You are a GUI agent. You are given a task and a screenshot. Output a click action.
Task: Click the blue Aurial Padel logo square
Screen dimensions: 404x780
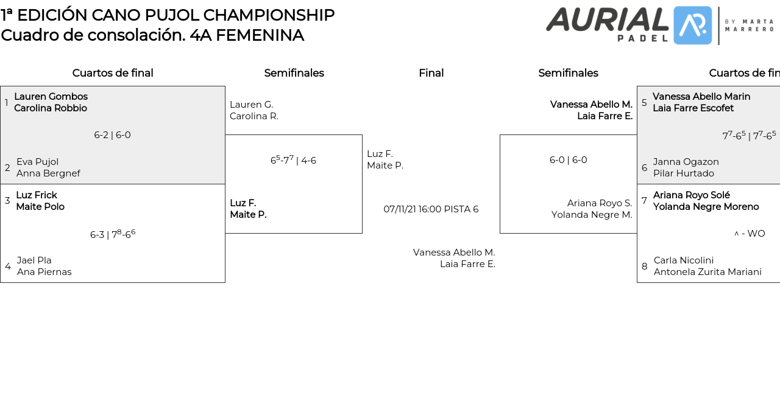click(x=692, y=26)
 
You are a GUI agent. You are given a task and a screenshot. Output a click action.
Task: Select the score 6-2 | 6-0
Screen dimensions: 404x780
click(x=112, y=135)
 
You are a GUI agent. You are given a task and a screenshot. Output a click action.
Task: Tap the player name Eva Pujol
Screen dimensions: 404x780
click(x=37, y=162)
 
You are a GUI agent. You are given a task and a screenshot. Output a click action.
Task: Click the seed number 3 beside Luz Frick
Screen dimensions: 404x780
click(x=7, y=201)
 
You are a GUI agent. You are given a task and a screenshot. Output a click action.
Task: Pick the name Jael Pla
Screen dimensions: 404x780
click(x=34, y=260)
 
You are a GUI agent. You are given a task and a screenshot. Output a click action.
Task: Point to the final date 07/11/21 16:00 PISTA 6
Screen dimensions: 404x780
click(x=431, y=209)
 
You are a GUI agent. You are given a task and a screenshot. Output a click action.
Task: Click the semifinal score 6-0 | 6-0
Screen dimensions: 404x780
click(x=568, y=160)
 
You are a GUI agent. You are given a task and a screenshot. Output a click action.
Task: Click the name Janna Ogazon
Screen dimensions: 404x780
click(x=686, y=162)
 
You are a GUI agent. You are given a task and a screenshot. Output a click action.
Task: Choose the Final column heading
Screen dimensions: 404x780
click(x=431, y=73)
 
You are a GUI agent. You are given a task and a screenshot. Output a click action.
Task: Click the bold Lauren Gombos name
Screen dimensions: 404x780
click(x=51, y=97)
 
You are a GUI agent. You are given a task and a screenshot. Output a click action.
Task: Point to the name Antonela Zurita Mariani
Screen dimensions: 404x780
click(x=707, y=272)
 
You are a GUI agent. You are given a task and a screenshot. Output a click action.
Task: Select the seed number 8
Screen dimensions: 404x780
click(x=644, y=266)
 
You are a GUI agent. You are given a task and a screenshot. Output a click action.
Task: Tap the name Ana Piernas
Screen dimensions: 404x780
click(x=44, y=272)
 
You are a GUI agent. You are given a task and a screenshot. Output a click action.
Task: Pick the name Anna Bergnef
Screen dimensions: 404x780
click(x=48, y=173)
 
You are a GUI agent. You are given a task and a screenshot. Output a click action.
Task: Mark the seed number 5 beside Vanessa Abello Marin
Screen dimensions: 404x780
click(x=644, y=103)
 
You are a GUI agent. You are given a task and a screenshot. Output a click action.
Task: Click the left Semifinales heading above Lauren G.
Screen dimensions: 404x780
click(x=294, y=73)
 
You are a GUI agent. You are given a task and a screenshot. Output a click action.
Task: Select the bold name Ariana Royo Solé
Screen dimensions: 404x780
click(x=691, y=195)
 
